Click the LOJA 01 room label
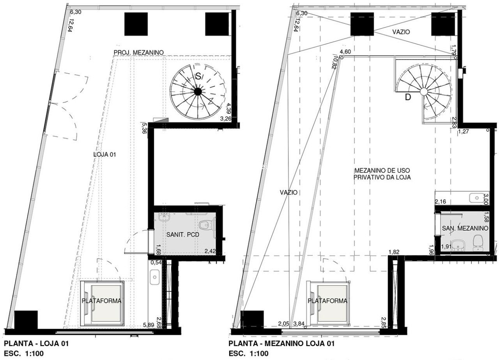104,155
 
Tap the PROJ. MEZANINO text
138,53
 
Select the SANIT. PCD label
183,235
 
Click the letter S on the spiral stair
198,76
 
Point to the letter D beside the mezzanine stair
408,97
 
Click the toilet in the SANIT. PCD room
205,225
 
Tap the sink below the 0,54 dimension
154,277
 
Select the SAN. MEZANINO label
465,228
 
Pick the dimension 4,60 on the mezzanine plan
345,52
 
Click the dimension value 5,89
149,325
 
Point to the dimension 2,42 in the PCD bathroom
210,252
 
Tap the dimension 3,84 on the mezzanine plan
299,323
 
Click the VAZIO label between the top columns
401,32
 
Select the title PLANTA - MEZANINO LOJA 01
281,344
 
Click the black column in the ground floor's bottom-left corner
26,320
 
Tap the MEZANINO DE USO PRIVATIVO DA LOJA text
382,174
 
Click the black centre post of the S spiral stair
197,91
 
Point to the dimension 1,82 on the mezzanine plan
394,252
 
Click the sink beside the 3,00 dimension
476,198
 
